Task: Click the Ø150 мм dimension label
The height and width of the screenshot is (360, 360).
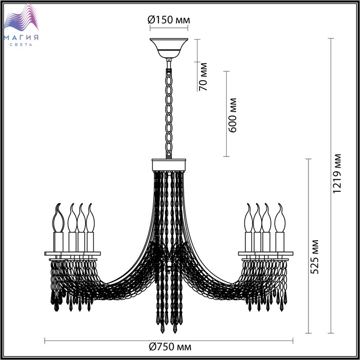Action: click(x=169, y=20)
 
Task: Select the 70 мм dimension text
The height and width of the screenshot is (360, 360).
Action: click(x=203, y=77)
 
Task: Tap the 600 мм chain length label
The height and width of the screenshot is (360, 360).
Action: click(x=232, y=115)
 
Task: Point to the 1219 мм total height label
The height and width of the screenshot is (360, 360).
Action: click(x=337, y=174)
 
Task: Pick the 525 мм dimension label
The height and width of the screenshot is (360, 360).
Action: click(x=314, y=257)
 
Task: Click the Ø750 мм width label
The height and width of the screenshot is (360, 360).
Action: click(x=170, y=347)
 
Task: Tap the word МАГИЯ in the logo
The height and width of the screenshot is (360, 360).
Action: click(x=21, y=38)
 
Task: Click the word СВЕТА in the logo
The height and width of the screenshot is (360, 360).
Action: click(x=21, y=45)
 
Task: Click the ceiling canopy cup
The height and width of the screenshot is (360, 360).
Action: click(x=169, y=48)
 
